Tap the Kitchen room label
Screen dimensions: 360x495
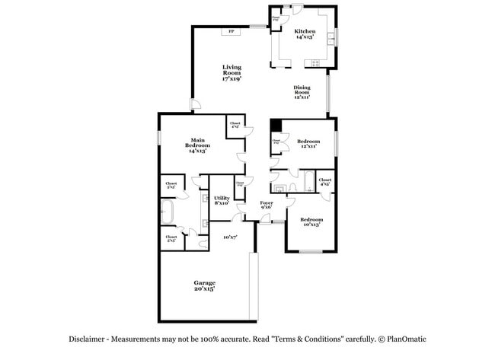pyautogui.click(x=305, y=33)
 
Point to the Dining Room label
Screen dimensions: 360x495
pyautogui.click(x=302, y=91)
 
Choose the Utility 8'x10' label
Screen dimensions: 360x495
pyautogui.click(x=222, y=200)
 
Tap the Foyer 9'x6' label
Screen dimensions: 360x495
pyautogui.click(x=267, y=205)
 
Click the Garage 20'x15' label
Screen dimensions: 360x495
pyautogui.click(x=203, y=285)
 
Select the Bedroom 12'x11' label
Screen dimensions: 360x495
pyautogui.click(x=308, y=143)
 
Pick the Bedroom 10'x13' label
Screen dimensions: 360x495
pyautogui.click(x=312, y=221)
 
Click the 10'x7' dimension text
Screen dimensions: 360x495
pyautogui.click(x=231, y=237)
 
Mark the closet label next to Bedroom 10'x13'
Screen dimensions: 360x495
pyautogui.click(x=324, y=183)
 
